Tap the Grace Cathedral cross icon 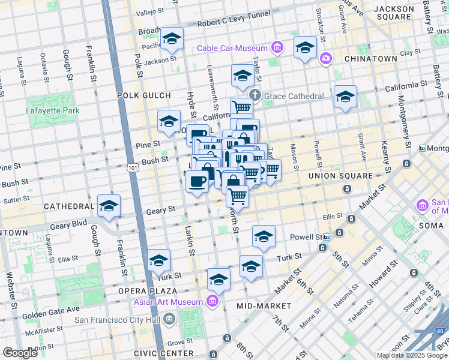[255, 95]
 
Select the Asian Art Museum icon [211, 301]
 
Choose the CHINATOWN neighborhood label [371, 59]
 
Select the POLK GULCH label [144, 95]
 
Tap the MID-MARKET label [264, 306]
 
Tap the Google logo [20, 353]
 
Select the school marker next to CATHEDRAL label [109, 205]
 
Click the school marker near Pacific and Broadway [172, 38]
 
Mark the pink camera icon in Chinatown [325, 59]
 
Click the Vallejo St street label [149, 11]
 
